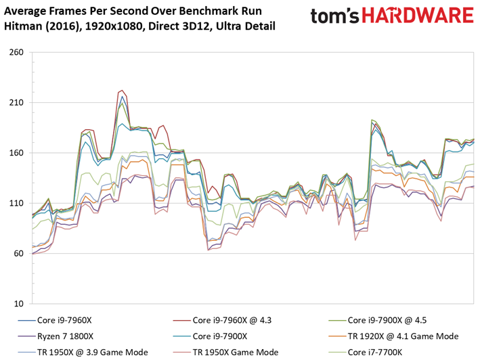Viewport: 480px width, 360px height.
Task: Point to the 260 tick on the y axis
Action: tap(16, 52)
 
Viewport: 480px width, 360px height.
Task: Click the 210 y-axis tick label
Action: tap(16, 102)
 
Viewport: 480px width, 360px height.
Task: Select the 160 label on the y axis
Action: tap(16, 153)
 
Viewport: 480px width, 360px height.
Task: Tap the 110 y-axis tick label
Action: tap(16, 203)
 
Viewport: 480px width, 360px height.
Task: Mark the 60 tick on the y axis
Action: tap(18, 253)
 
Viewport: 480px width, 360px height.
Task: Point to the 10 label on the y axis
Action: tap(18, 304)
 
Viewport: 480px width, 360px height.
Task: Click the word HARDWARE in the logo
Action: tap(418, 16)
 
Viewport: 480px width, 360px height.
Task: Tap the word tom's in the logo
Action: tap(335, 16)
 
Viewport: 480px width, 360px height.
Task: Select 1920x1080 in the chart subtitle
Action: tap(114, 26)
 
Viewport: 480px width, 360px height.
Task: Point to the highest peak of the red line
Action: tap(122, 90)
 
